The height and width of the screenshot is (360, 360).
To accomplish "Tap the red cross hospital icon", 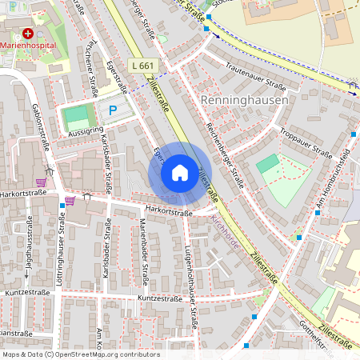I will click(29, 34).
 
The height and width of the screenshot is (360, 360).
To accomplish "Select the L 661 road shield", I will click(142, 66).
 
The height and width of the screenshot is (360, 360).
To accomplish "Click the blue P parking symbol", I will click(113, 110).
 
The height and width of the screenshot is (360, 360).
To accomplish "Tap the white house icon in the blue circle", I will click(180, 173).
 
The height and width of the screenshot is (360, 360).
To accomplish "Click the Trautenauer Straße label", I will click(256, 76).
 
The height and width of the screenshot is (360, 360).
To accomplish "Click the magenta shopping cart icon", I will click(70, 200).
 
